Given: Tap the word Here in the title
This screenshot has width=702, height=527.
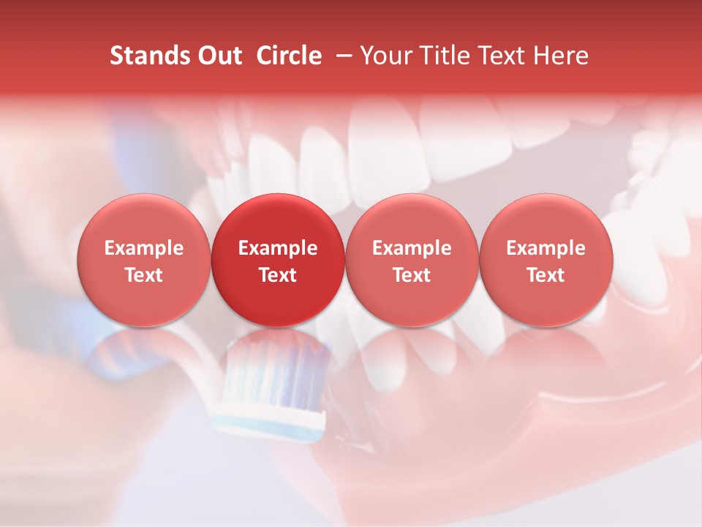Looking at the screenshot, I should click(560, 56).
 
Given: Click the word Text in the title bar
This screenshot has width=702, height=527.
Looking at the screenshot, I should click(499, 56).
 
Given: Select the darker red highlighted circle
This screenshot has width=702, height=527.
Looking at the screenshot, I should click(278, 260).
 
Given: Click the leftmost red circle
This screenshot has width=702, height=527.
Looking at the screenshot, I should click(144, 260).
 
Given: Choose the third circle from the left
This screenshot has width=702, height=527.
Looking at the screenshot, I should click(412, 260).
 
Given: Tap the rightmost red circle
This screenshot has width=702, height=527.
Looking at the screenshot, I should click(546, 260).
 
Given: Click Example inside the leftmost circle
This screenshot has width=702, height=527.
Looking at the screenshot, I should click(144, 248).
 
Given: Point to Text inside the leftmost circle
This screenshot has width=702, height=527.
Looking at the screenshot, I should click(144, 275).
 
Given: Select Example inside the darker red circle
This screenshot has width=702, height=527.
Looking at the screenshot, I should click(278, 248).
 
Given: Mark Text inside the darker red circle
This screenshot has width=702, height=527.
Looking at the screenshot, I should click(278, 275).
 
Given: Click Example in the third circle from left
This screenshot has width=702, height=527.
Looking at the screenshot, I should click(412, 248).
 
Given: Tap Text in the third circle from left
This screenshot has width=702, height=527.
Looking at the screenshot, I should click(412, 275).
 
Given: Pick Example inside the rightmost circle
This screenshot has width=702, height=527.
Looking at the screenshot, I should click(546, 248).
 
